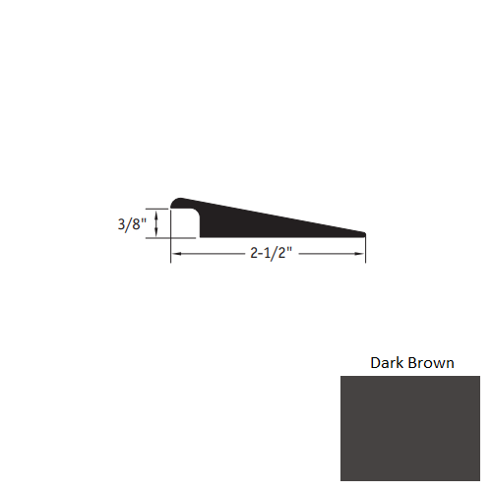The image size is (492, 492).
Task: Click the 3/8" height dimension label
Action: [x=132, y=224]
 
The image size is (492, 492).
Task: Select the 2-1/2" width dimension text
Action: [x=271, y=253]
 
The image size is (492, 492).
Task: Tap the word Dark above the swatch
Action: [x=387, y=363]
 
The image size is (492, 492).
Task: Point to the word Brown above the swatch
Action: [x=431, y=363]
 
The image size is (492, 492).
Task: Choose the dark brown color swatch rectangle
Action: [x=410, y=428]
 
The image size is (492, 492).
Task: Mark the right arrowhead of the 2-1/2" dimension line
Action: [x=360, y=254]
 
